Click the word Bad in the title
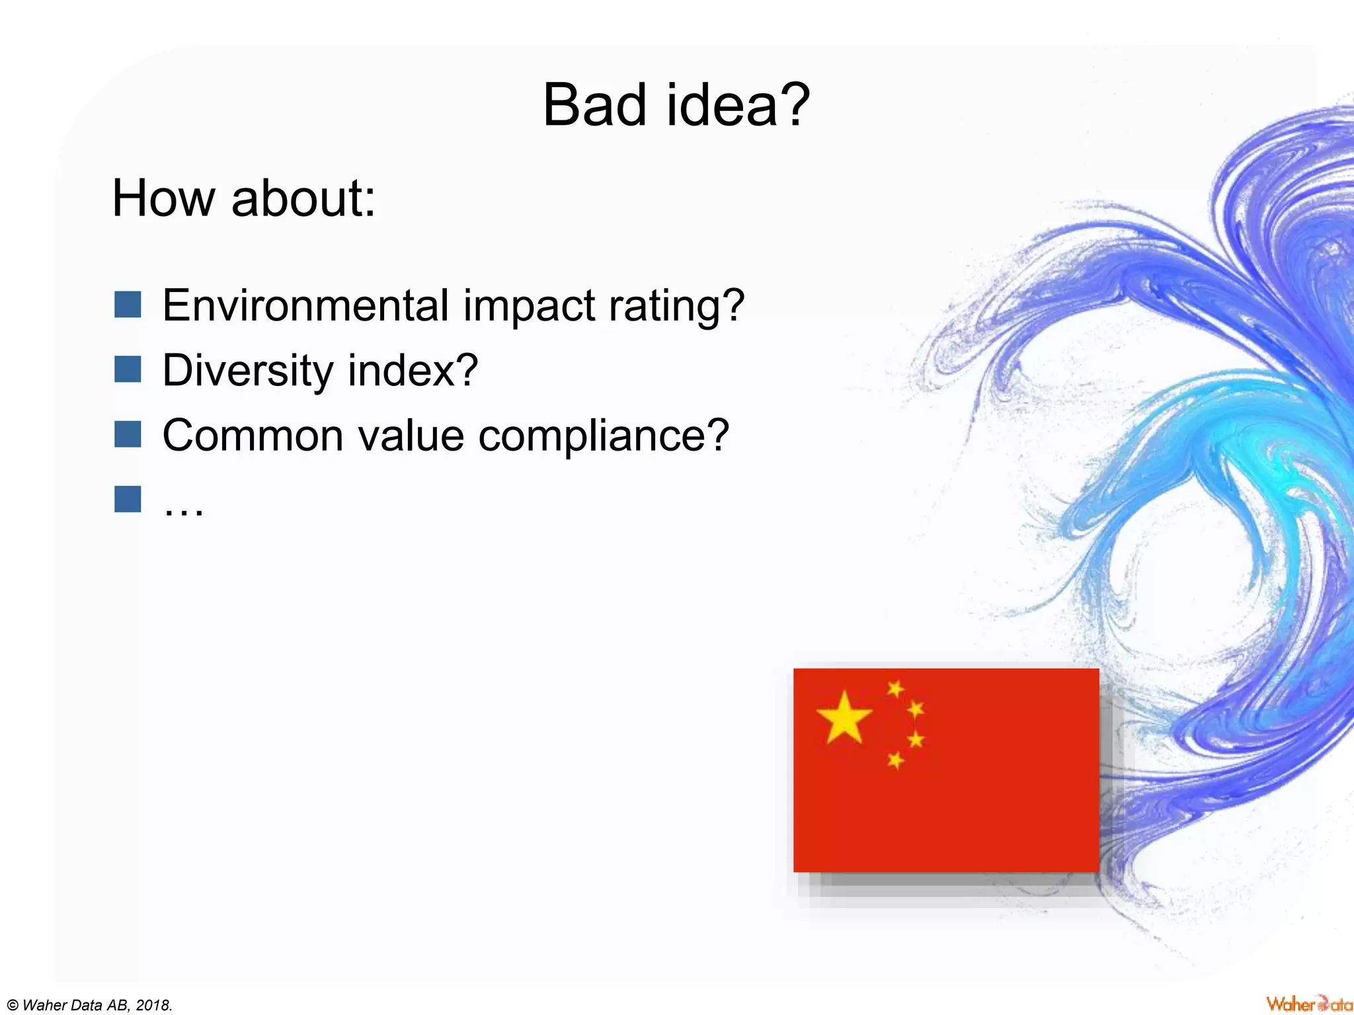[x=594, y=106]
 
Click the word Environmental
[x=306, y=306]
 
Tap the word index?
[x=413, y=370]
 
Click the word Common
[x=253, y=436]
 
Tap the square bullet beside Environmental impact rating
[x=128, y=305]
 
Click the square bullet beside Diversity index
[x=128, y=369]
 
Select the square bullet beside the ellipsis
[x=128, y=500]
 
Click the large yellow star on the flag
[x=844, y=718]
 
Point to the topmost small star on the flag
[x=895, y=689]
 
